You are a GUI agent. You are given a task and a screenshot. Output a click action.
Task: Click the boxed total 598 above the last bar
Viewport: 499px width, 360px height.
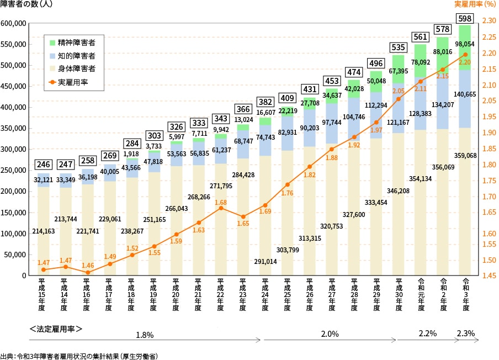(465, 18)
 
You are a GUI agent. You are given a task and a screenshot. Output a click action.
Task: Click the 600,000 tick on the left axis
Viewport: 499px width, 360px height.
(14, 24)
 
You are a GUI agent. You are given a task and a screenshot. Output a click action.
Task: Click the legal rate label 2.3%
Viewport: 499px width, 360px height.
(465, 334)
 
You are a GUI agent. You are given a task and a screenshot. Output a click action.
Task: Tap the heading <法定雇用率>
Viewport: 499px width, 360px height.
(56, 329)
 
